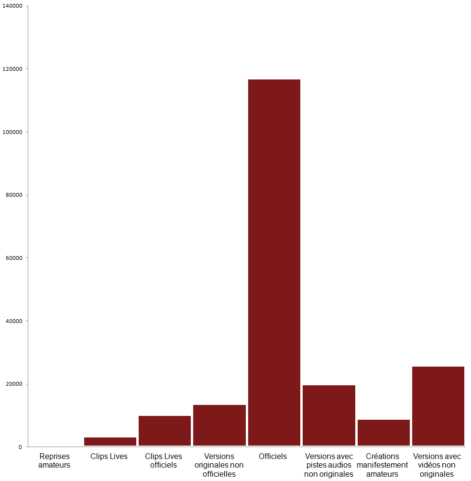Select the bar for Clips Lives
(x=110, y=441)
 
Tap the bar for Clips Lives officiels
(x=164, y=431)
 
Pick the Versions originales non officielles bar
(x=219, y=425)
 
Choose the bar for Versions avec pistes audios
(x=329, y=415)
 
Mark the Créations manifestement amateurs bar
(x=383, y=433)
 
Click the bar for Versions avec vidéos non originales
(x=438, y=406)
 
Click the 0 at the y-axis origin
(x=21, y=447)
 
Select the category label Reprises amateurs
(x=55, y=460)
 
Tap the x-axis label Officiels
(x=273, y=456)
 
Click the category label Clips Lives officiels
(x=164, y=460)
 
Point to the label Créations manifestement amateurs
(x=383, y=465)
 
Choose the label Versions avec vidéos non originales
(x=438, y=465)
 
